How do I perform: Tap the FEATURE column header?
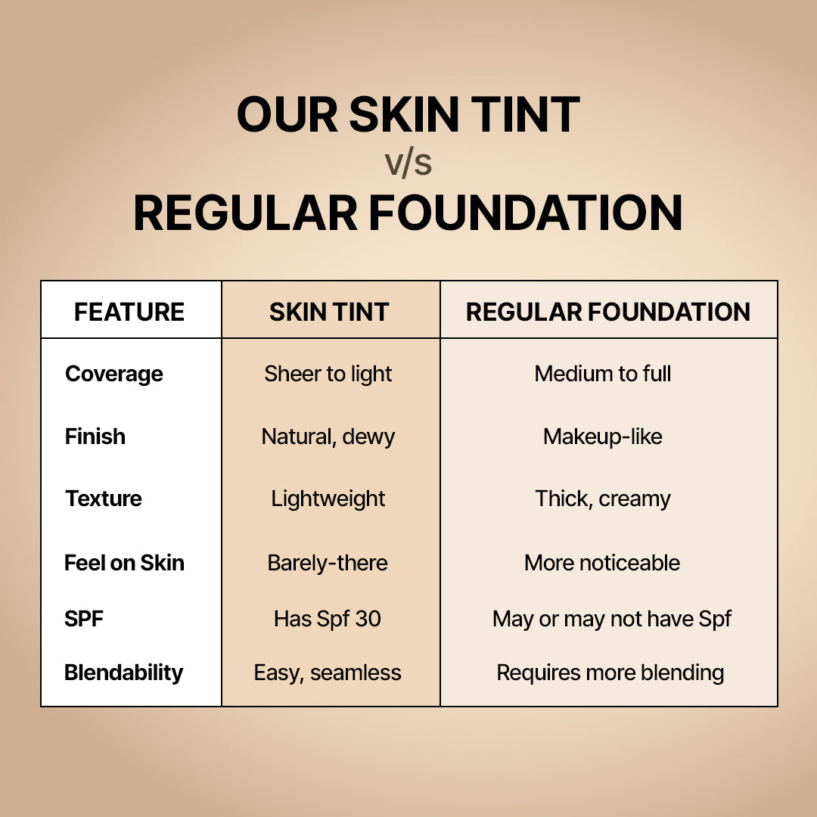point(129,312)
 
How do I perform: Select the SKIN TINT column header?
point(329,312)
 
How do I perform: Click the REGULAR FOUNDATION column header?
point(608,312)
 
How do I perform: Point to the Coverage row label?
point(114,374)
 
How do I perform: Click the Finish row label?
point(95,436)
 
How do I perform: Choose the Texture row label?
point(104,499)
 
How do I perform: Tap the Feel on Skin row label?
point(124,563)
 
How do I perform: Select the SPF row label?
point(84,619)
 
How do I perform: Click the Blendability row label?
point(123,673)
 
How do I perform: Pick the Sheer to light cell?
point(328,374)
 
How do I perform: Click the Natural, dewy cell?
point(328,436)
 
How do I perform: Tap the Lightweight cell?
point(328,499)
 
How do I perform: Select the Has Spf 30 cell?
point(328,619)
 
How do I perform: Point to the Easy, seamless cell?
point(328,673)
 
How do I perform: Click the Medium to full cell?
point(603,374)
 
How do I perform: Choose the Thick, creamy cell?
point(603,499)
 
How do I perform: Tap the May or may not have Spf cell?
point(611,619)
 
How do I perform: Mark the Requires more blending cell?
point(610,673)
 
